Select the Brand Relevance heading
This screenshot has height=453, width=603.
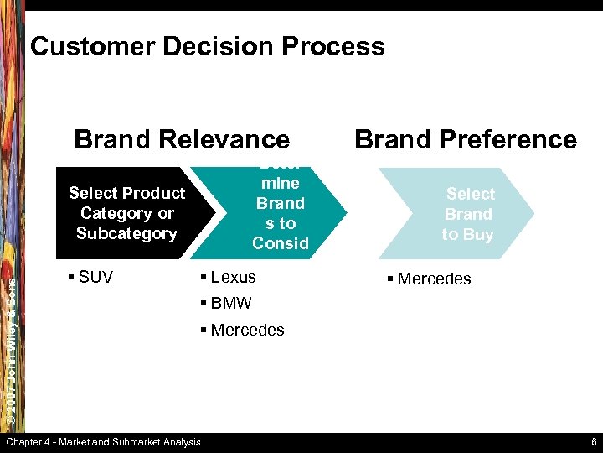point(182,139)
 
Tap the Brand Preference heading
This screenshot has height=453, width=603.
point(466,139)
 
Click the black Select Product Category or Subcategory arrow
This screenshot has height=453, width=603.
point(126,213)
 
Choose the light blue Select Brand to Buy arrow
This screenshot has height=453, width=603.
point(468,214)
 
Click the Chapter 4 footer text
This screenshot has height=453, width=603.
point(103,442)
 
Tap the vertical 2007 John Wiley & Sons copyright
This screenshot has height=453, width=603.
point(13,344)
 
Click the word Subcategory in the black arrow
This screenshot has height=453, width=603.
point(126,233)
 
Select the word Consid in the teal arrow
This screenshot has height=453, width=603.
point(281,243)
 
